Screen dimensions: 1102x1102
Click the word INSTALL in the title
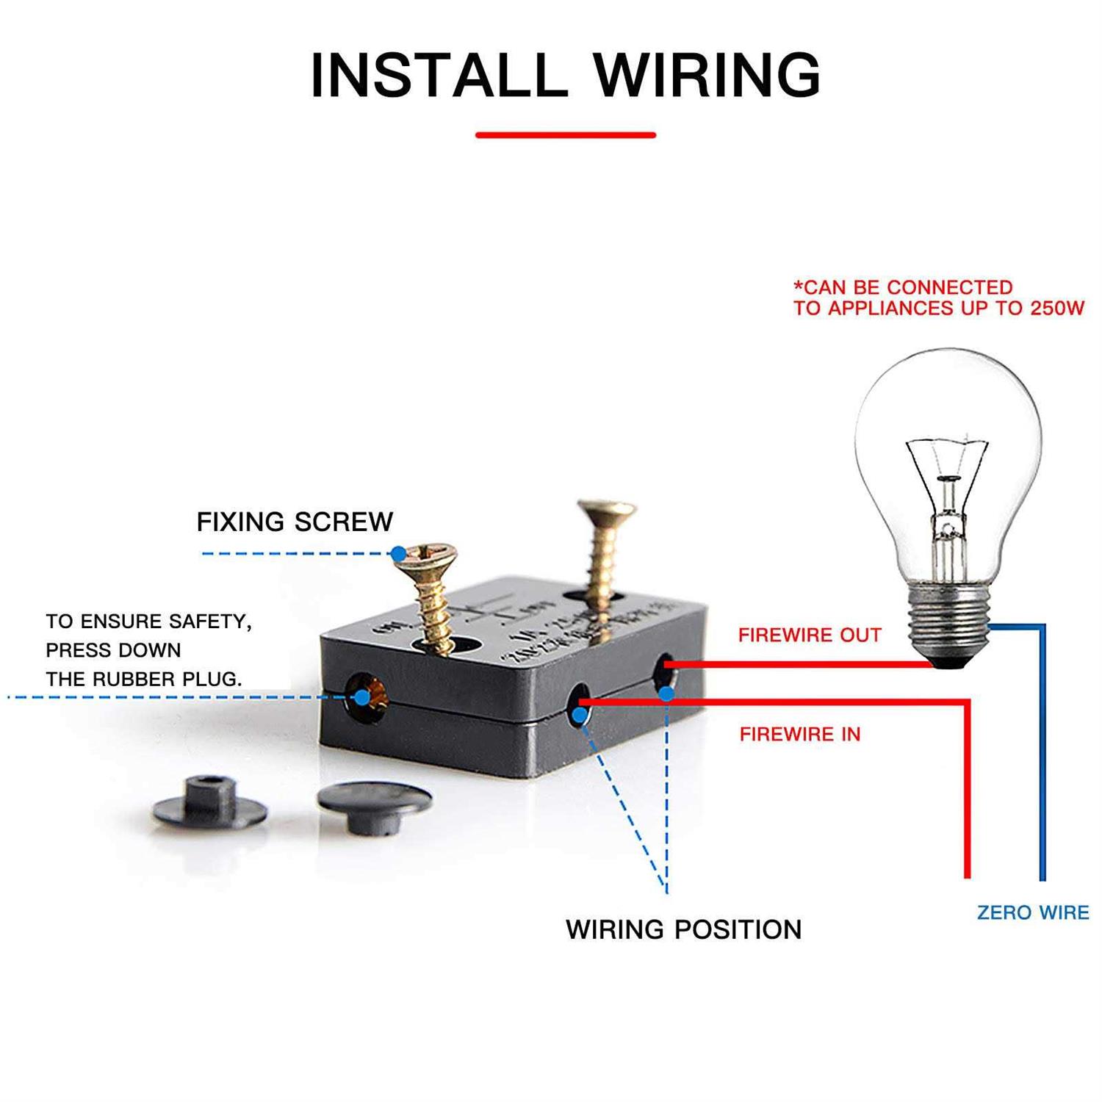438,75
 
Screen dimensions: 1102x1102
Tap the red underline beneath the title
565,135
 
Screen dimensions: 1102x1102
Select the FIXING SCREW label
295,522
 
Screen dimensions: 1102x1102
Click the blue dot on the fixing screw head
398,553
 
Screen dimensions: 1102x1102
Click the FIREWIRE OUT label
810,635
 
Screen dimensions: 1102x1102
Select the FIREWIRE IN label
799,734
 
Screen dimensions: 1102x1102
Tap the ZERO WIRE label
1032,912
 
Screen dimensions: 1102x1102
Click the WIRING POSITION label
683,929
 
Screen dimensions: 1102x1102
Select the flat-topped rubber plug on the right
374,806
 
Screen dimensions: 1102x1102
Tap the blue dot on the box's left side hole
361,697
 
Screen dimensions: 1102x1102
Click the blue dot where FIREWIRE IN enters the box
580,714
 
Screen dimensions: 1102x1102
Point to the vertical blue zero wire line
1042,757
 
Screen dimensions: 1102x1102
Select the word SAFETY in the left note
209,622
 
